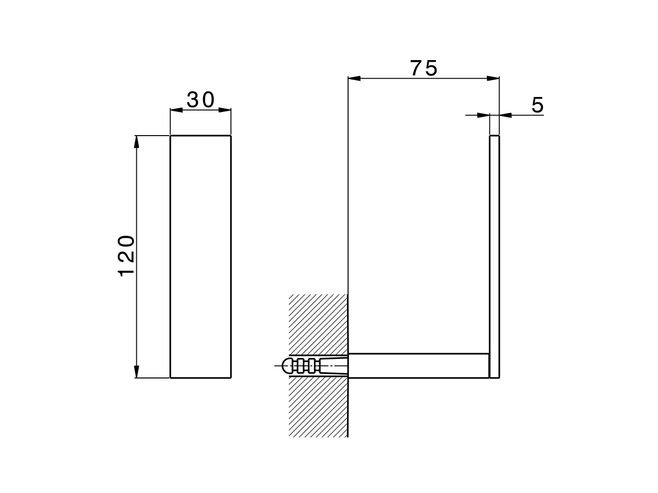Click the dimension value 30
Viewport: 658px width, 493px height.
tap(200, 100)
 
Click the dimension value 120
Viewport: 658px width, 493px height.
tap(127, 256)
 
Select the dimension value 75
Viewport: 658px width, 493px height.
tap(424, 68)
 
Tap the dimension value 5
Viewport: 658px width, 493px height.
tap(537, 105)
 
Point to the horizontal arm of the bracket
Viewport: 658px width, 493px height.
tap(419, 366)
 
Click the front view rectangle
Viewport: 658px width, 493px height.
tap(200, 257)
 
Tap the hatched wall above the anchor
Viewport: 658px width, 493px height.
tap(319, 324)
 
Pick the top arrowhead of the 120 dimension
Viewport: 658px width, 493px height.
tap(136, 142)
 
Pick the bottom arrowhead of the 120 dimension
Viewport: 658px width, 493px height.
tap(136, 372)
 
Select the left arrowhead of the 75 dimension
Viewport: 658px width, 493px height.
tap(354, 78)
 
